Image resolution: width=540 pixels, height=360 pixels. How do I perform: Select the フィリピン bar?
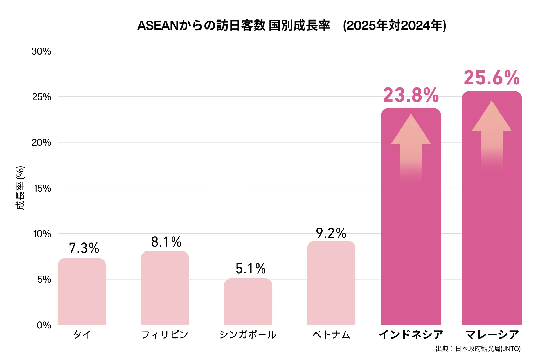tap(165, 288)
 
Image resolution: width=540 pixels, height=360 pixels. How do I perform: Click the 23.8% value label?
tap(411, 95)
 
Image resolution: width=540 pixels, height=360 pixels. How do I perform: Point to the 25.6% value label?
tap(492, 78)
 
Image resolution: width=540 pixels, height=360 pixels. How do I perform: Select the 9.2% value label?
tap(331, 233)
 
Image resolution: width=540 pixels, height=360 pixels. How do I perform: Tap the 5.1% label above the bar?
tap(251, 269)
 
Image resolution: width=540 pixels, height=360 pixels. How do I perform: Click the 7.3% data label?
tap(84, 248)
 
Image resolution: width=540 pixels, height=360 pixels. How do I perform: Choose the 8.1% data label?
tap(166, 242)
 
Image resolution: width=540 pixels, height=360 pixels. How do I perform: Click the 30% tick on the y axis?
tap(41, 51)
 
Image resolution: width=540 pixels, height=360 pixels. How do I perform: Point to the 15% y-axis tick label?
tap(42, 188)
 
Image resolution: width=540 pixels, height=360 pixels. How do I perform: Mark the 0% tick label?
tap(44, 325)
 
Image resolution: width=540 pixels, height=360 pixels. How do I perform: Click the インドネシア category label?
tap(411, 335)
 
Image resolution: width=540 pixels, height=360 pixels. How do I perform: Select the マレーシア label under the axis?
tap(492, 335)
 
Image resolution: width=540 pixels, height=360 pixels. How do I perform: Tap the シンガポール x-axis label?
tap(248, 335)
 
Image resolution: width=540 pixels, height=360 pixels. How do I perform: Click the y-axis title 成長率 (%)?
tap(20, 188)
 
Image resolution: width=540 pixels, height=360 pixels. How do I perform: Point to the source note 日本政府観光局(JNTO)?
tap(478, 349)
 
